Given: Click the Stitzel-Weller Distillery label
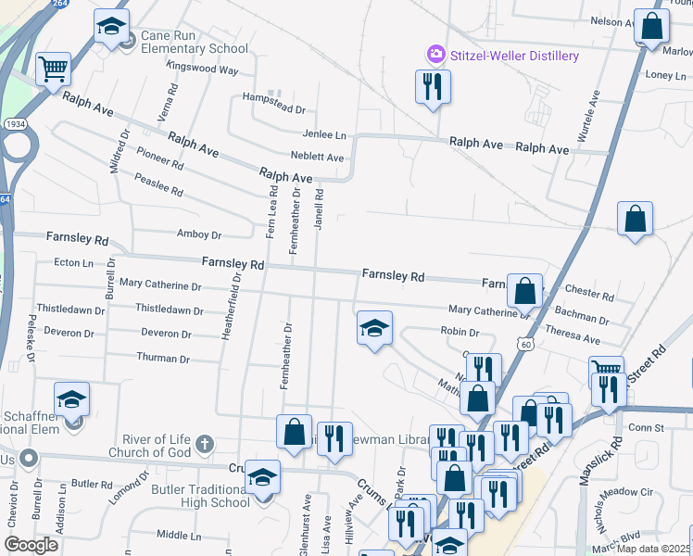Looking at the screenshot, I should [514, 56].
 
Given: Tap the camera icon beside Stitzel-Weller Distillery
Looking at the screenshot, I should [435, 56].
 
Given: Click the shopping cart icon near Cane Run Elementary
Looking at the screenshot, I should [54, 69].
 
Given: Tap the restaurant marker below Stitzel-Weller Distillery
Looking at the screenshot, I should [432, 88].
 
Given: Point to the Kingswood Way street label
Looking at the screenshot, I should [203, 69].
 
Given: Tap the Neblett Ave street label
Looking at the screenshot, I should [317, 158].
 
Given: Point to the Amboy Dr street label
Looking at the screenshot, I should [198, 235].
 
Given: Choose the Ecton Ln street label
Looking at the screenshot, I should [74, 263].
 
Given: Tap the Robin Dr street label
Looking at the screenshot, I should [460, 332].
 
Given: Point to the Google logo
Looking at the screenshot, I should [31, 545].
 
